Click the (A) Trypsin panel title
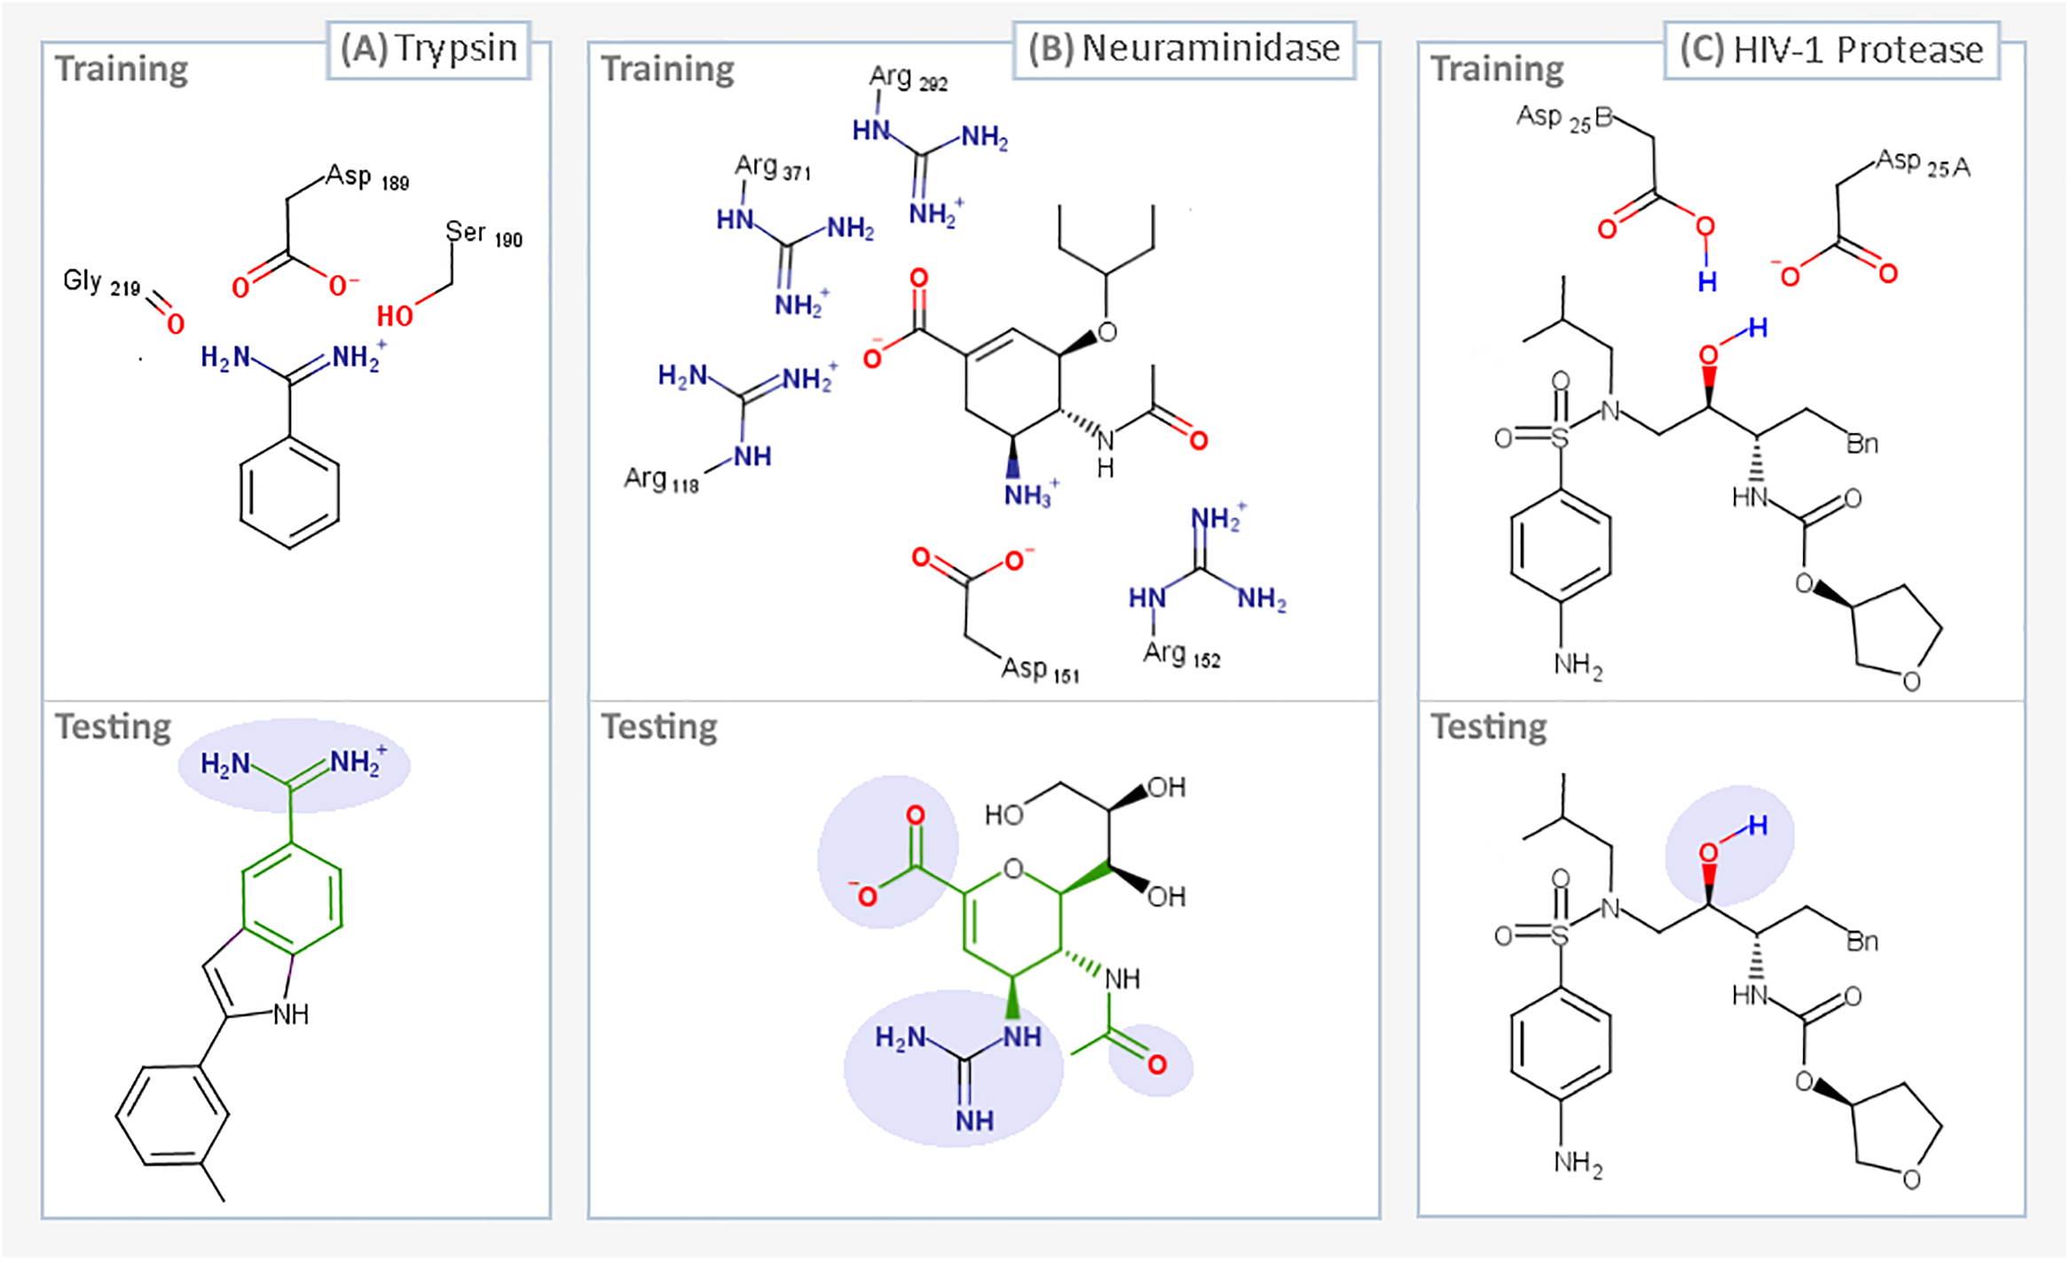point(429,50)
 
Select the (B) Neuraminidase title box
point(1184,50)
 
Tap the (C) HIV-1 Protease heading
point(1830,51)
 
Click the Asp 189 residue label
point(366,177)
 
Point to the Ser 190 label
point(483,234)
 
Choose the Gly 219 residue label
point(101,282)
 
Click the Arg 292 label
point(908,79)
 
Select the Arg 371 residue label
point(772,168)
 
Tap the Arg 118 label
point(661,480)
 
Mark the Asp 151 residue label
point(1039,670)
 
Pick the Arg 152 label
point(1181,655)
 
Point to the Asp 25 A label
point(1923,164)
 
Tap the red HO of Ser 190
point(395,315)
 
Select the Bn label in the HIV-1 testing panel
point(1861,942)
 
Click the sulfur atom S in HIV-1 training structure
point(1559,437)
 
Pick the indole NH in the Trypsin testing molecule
point(290,1014)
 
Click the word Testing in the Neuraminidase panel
point(659,727)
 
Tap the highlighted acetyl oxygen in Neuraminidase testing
point(1156,1064)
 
